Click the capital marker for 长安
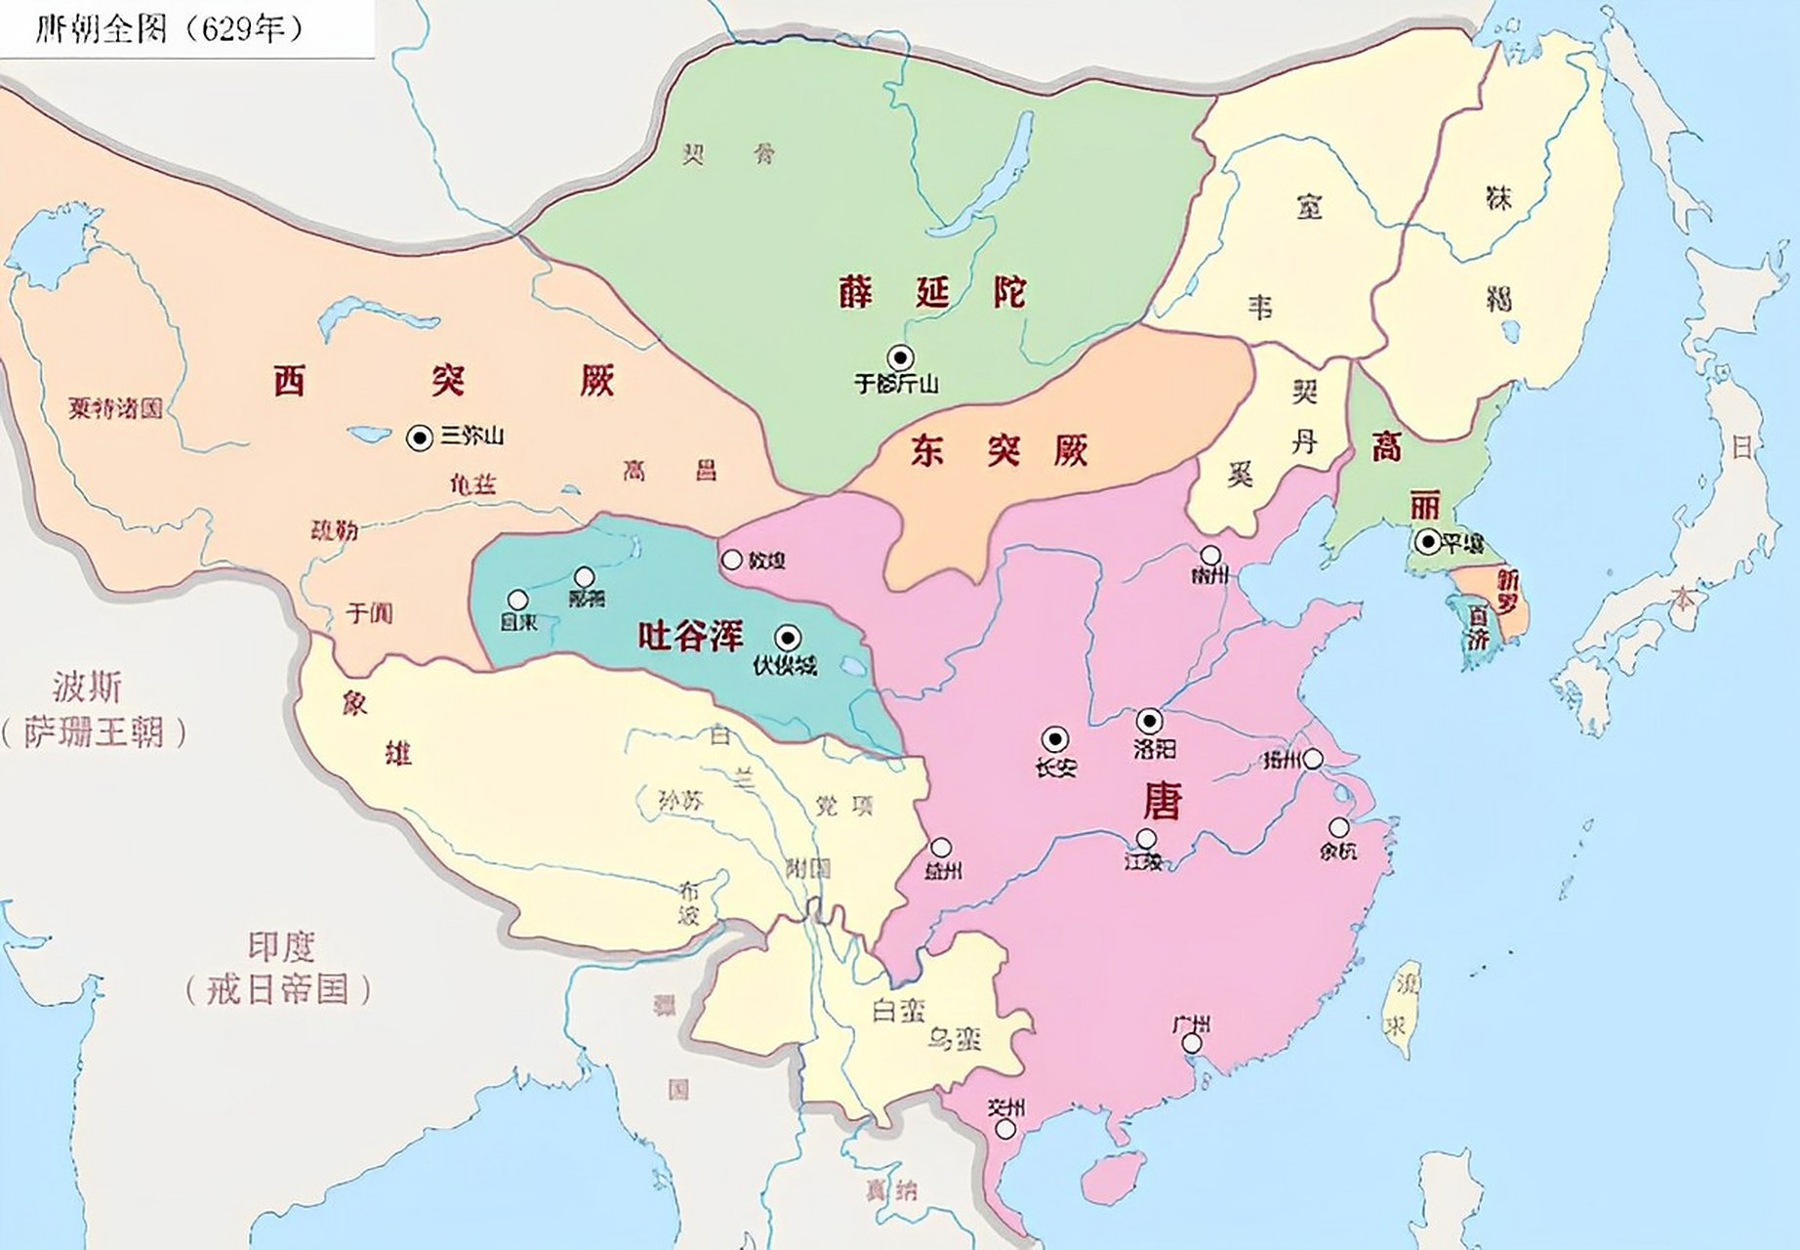(x=1055, y=739)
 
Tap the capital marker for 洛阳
(x=1151, y=722)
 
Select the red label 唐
(x=1162, y=801)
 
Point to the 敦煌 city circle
(x=732, y=560)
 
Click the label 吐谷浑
(x=690, y=637)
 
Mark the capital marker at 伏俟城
(x=787, y=639)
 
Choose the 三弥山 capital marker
(x=420, y=438)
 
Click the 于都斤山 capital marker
(x=898, y=357)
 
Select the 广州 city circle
(x=1192, y=1044)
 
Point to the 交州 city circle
(x=1004, y=1130)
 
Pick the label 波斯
(x=88, y=687)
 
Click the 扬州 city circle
(x=1314, y=758)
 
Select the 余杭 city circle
(x=1339, y=828)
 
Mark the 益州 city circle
(x=941, y=848)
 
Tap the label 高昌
(x=670, y=471)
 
